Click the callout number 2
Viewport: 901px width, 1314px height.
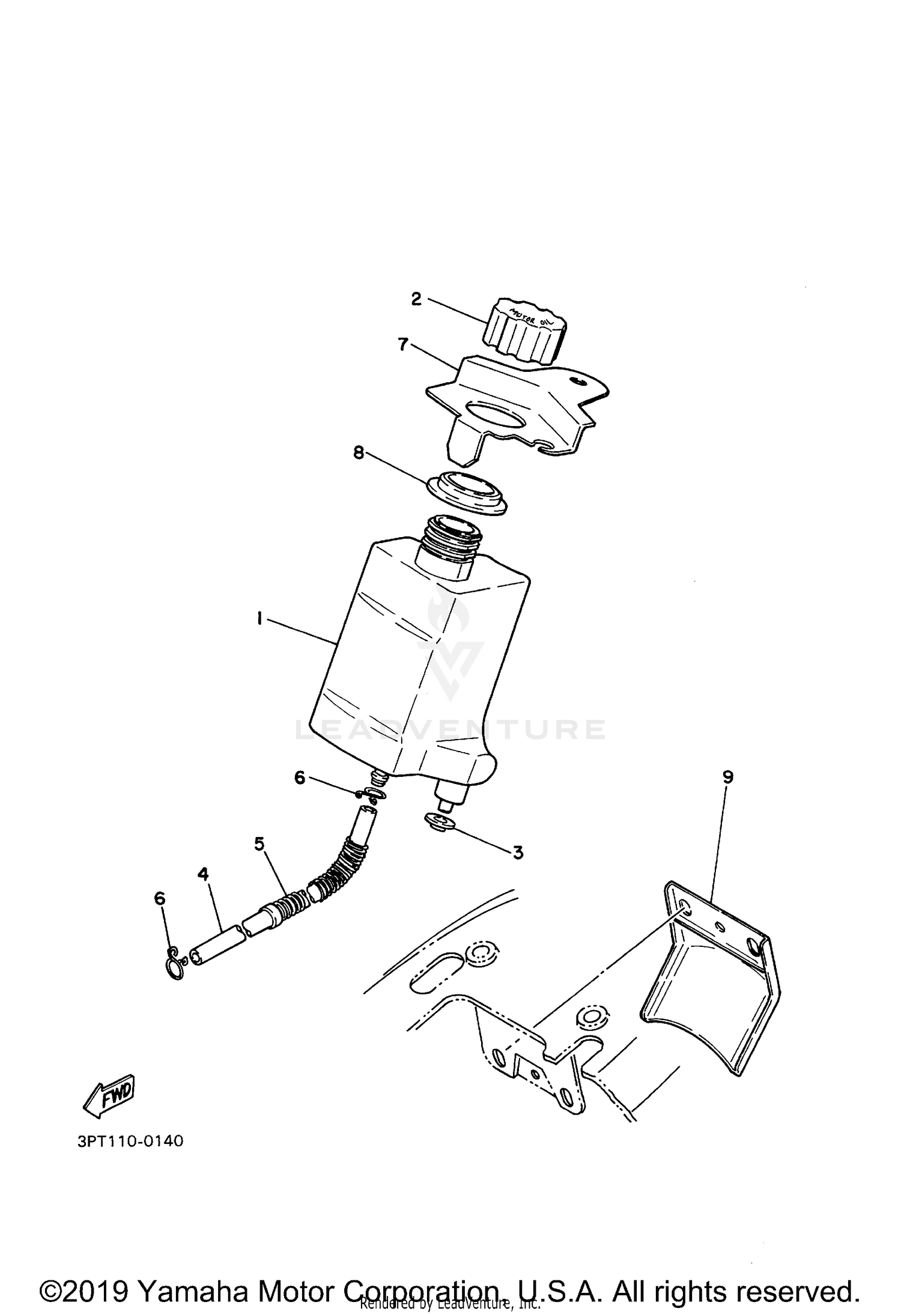coord(416,299)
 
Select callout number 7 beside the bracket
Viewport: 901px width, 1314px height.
coord(403,345)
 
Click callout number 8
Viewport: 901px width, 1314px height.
coord(359,452)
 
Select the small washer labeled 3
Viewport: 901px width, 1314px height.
coord(437,821)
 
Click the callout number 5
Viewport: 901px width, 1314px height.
coord(259,844)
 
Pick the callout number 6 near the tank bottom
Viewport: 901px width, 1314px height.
coord(300,778)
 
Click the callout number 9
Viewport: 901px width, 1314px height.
coord(727,777)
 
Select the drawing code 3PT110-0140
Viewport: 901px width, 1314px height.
coord(130,1141)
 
